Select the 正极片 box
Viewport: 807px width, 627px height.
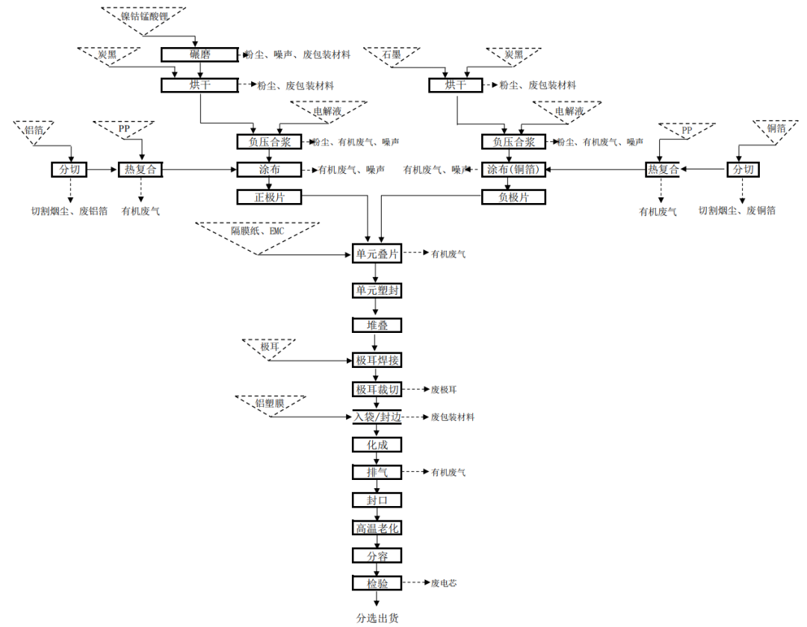tap(270, 197)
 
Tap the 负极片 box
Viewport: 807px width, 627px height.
tap(513, 197)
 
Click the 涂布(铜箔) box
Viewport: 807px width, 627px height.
tap(513, 169)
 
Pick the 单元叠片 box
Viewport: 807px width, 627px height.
tap(377, 255)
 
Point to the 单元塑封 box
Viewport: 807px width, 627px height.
tap(377, 290)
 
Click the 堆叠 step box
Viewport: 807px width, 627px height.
tap(377, 325)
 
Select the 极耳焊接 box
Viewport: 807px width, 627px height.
tap(377, 361)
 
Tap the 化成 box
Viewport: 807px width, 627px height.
tap(377, 445)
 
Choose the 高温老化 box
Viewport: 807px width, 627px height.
tap(377, 528)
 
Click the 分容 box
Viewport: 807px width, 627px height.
tap(377, 555)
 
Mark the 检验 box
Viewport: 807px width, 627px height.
tap(377, 583)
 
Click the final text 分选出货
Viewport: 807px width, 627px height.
tap(377, 618)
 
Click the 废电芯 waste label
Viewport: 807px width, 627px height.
tap(444, 583)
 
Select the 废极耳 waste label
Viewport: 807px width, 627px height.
tap(444, 390)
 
